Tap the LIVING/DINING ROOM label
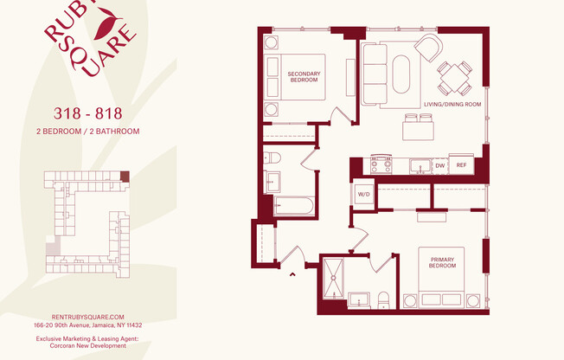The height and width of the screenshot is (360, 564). [x=452, y=104]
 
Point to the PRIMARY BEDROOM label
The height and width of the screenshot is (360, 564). [x=442, y=263]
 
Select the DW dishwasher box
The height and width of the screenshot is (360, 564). [x=439, y=164]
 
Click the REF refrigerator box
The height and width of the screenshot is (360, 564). [x=462, y=164]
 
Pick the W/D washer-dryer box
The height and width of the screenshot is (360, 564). [x=363, y=195]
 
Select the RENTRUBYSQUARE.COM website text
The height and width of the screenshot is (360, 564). [x=88, y=318]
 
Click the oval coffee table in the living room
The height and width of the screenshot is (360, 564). [x=402, y=74]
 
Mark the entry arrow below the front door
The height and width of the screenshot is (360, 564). [x=292, y=274]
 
